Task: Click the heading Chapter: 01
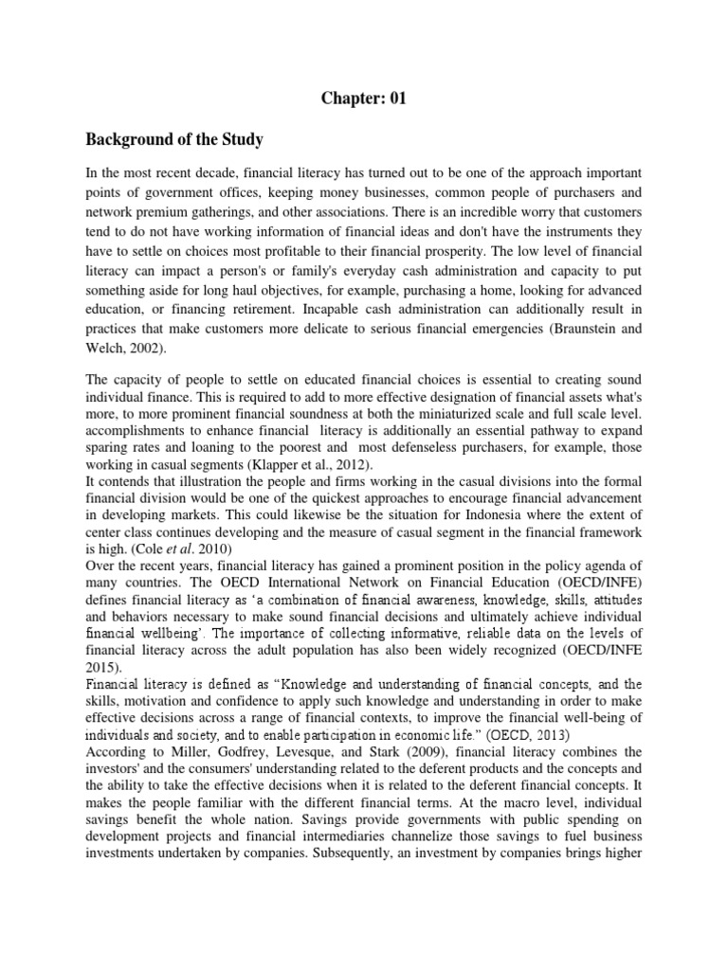[x=363, y=98]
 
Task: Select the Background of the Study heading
[x=174, y=140]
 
